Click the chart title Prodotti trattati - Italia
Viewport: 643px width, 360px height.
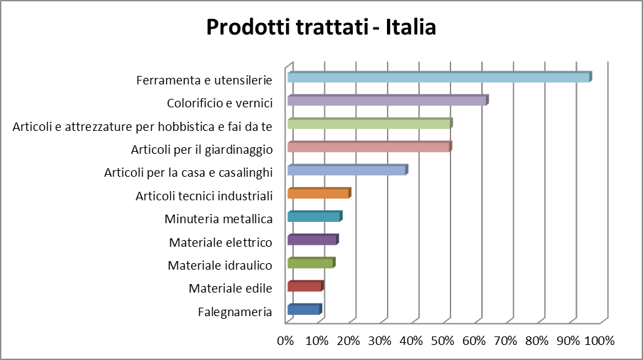pos(321,27)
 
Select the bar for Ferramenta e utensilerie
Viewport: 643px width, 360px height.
pos(439,77)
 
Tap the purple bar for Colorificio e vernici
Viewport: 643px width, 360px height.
pos(387,101)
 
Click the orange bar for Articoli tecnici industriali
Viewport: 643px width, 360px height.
pos(319,194)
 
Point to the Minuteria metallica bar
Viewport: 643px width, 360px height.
pos(314,217)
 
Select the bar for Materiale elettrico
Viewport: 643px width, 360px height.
pos(312,240)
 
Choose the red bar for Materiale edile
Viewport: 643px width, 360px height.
pos(305,287)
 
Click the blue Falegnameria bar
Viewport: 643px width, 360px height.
pos(304,310)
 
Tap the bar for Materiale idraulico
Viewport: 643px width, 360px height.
pos(311,263)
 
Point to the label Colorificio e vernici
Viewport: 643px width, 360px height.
pos(219,103)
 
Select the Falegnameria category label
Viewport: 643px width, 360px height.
pos(234,312)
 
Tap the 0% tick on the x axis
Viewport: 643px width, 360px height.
pos(285,340)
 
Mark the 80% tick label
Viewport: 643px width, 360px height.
pos(537,340)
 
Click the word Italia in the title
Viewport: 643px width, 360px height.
pos(411,27)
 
